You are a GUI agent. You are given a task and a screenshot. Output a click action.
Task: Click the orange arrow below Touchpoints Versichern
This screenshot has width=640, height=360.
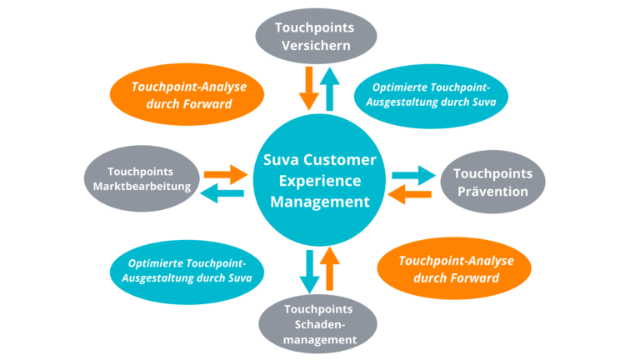(x=309, y=88)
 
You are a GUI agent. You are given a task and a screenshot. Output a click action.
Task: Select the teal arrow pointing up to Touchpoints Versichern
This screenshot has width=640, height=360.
(x=330, y=89)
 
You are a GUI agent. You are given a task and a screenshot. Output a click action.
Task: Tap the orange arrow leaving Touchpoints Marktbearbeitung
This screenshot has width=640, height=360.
(x=226, y=175)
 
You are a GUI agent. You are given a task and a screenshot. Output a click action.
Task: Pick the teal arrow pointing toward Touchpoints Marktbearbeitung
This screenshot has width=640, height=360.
(x=222, y=193)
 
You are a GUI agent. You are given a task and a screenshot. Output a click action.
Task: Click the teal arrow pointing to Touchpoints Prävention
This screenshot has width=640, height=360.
(x=414, y=176)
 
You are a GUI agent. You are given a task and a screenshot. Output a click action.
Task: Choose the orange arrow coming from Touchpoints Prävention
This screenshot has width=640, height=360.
(x=409, y=194)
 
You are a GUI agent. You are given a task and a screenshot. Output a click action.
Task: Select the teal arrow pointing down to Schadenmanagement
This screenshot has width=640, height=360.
(x=310, y=272)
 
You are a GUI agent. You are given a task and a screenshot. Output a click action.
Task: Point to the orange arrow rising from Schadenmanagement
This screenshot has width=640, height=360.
(x=330, y=268)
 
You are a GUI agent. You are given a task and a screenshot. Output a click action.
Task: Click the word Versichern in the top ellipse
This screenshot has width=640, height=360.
(x=316, y=45)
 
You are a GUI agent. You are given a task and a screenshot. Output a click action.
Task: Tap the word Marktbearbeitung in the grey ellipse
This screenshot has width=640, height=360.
(x=142, y=187)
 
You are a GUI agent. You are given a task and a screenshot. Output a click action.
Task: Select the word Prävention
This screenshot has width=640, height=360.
(x=492, y=192)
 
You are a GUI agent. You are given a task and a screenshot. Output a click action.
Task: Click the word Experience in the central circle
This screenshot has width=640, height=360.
(x=320, y=180)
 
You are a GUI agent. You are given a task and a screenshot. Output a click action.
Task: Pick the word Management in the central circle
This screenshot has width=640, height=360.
(x=320, y=202)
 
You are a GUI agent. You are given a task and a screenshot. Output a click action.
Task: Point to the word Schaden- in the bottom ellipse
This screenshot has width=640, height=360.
(x=320, y=324)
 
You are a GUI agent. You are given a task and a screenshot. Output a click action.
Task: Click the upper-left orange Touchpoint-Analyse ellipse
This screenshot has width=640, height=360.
(x=187, y=94)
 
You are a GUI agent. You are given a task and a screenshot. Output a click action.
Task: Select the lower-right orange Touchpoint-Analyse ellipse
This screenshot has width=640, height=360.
(x=454, y=268)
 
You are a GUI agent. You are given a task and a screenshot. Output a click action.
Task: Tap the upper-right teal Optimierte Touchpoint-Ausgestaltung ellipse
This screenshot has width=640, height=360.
(x=431, y=97)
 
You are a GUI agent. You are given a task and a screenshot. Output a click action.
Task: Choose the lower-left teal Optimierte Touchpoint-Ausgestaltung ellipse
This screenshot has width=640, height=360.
(x=187, y=272)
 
